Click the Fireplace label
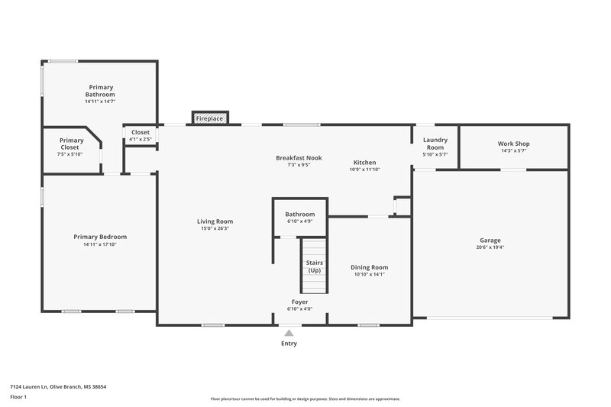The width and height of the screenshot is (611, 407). [209, 119]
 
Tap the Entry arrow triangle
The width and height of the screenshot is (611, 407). [288, 333]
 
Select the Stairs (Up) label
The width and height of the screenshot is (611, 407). [314, 266]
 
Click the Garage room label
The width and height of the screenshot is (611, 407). [490, 240]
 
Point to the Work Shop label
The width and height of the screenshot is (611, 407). [513, 144]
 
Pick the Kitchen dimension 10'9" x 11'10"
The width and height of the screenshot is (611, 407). [364, 170]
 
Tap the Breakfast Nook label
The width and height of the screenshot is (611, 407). [299, 157]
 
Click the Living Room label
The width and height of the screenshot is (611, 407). [215, 221]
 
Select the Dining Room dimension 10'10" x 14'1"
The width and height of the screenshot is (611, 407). [370, 275]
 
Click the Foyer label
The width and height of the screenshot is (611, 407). [299, 302]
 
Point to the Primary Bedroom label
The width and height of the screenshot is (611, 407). [100, 237]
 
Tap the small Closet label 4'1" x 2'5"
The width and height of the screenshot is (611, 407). [141, 139]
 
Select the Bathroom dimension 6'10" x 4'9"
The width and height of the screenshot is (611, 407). [300, 222]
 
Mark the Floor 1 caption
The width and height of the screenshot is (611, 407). [19, 397]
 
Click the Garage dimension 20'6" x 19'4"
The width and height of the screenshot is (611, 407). [490, 247]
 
